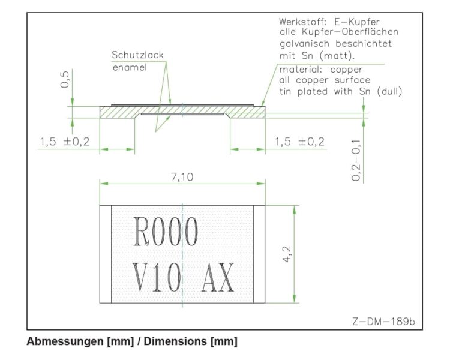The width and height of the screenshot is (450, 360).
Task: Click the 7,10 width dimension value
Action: pos(182,177)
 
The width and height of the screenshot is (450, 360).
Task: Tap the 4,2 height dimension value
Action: pos(287,254)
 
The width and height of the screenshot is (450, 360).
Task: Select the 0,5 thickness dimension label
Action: pos(65,79)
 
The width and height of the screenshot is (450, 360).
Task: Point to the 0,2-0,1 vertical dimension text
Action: pos(356,160)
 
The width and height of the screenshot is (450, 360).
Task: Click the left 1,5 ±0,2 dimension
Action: pos(65,142)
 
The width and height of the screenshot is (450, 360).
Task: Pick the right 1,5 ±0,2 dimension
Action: pos(299,142)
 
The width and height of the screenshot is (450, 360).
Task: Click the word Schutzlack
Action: pos(138,55)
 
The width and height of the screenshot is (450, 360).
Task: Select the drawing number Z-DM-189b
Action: pos(383,321)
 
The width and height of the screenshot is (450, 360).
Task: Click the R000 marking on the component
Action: pos(166,232)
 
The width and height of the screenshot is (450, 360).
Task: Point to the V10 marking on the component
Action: pos(157,277)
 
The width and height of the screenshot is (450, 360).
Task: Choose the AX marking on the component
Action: pos(218,277)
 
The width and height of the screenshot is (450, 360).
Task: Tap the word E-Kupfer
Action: pos(357,22)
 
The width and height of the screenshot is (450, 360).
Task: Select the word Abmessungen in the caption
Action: pos(65,341)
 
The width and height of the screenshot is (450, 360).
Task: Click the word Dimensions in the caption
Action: pos(175,341)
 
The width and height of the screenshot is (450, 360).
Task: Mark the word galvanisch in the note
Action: pos(304,44)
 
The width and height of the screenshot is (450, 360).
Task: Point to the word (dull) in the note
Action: pos(389,91)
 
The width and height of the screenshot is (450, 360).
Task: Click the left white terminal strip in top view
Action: pos(106,254)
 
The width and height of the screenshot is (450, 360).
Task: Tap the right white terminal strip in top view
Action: pos(259,254)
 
